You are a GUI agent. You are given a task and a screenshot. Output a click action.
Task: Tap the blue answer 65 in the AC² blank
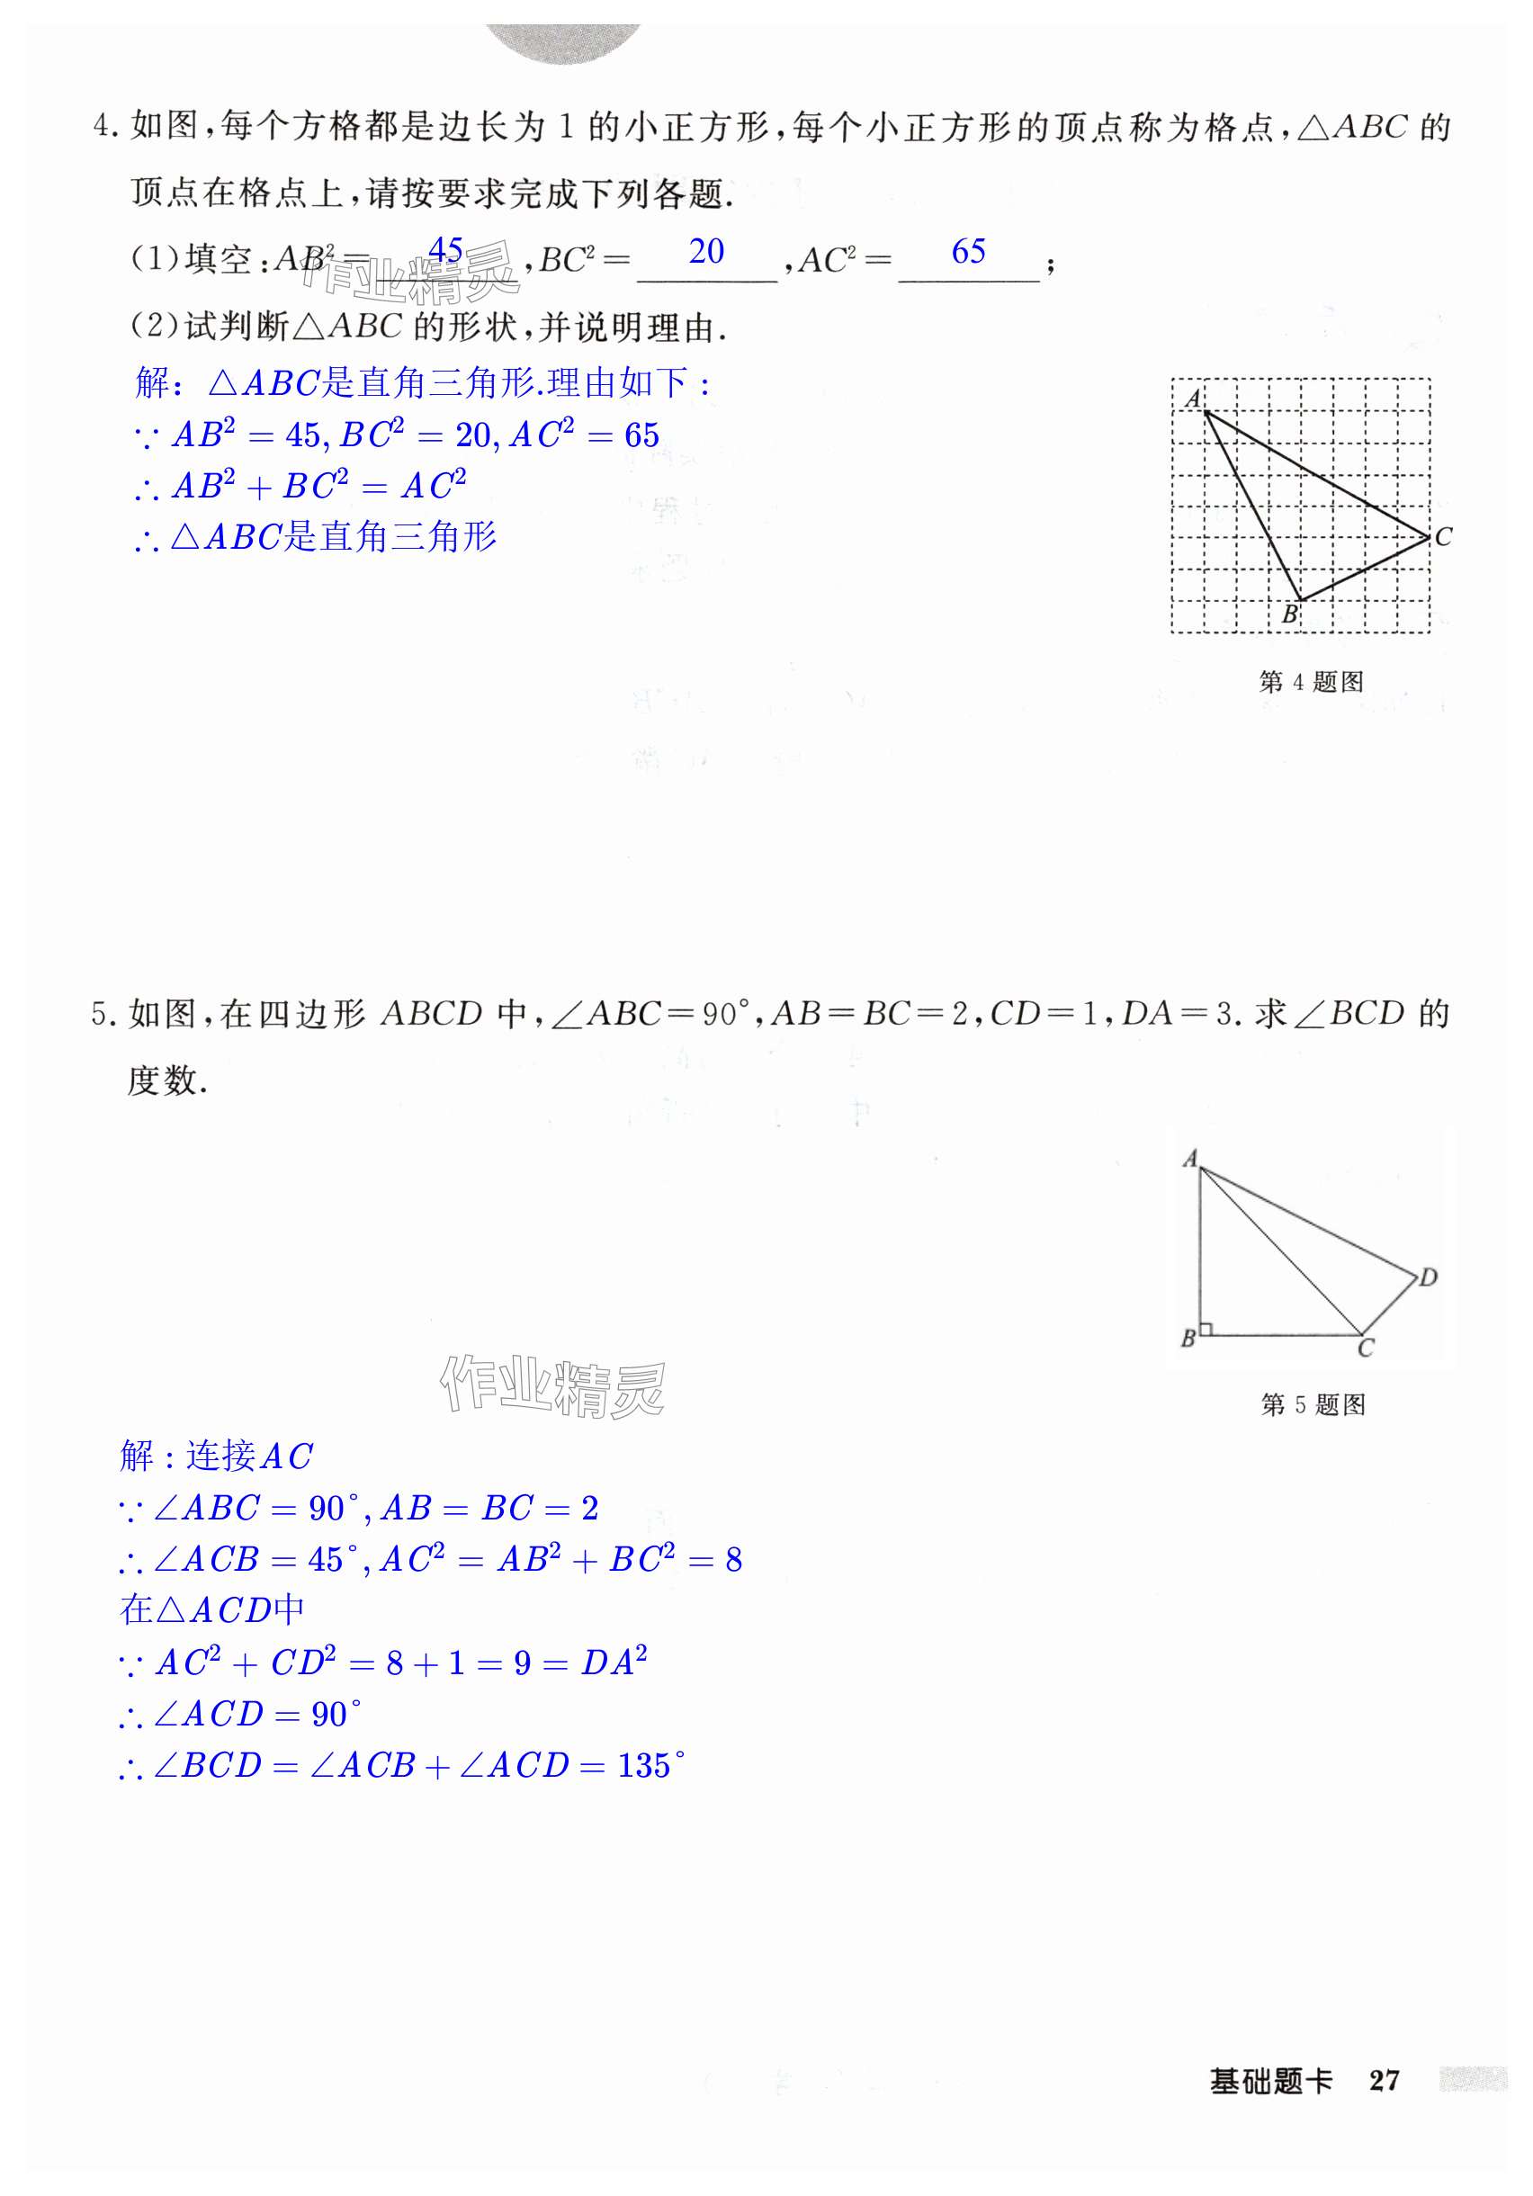click(x=968, y=252)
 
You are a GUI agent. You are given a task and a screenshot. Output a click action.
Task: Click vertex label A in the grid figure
click(x=1192, y=398)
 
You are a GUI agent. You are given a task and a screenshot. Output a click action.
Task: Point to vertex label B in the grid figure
click(x=1288, y=614)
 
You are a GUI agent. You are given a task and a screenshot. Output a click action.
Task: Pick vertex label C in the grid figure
click(x=1442, y=537)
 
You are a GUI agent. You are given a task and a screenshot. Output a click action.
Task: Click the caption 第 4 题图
click(x=1310, y=682)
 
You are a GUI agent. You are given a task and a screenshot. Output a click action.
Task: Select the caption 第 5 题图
click(x=1312, y=1404)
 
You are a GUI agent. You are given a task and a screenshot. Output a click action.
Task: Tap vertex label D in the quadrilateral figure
click(x=1427, y=1277)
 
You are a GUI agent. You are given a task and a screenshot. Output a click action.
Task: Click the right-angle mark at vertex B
click(x=1206, y=1328)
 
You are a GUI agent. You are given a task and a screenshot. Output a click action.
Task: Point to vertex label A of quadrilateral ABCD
click(x=1188, y=1158)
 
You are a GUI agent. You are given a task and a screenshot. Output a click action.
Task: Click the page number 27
click(x=1383, y=2080)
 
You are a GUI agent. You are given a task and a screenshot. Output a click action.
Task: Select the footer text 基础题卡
click(x=1270, y=2080)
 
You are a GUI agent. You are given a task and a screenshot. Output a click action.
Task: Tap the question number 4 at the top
click(x=103, y=126)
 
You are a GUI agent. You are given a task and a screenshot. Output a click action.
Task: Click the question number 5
click(x=101, y=1014)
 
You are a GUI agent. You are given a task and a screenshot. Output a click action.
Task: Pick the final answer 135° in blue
click(x=650, y=1765)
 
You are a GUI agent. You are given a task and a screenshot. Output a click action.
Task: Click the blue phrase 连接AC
click(x=248, y=1456)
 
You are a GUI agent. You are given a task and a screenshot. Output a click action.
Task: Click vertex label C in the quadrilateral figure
click(x=1365, y=1348)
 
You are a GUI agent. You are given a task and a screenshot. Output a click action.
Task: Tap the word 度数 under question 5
click(x=163, y=1080)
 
